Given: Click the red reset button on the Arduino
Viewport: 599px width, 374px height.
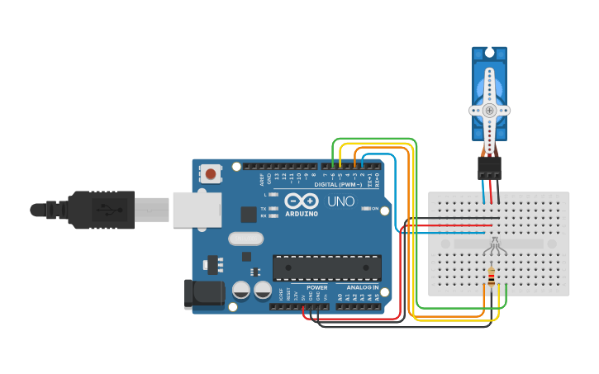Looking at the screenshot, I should tap(211, 173).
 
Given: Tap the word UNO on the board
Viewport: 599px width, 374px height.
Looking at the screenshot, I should tap(340, 201).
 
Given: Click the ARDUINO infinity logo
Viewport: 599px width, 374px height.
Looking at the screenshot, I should tap(302, 201).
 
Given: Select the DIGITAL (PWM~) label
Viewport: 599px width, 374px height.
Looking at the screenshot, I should tap(338, 184).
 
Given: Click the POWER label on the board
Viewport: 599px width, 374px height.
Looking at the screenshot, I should tap(316, 287).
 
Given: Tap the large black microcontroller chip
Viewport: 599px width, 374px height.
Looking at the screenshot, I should tap(326, 267).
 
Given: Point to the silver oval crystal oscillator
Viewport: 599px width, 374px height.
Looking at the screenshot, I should tap(245, 239).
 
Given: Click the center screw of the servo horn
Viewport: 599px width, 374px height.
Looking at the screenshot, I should tap(489, 110).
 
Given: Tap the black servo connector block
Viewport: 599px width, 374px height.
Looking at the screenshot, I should tap(489, 168).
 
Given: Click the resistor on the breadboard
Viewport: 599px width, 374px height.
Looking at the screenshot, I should tap(492, 277).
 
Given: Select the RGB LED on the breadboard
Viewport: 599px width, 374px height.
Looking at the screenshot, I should tap(492, 246).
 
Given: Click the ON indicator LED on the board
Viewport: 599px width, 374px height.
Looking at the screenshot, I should tap(365, 209).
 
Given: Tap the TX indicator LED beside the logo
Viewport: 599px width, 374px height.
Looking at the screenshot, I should tap(273, 209).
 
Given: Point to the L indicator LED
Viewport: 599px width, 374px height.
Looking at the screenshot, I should tap(273, 194).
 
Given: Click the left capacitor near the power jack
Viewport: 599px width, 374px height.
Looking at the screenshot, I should tap(241, 290).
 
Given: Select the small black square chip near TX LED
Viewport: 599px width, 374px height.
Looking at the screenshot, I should tap(248, 214).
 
